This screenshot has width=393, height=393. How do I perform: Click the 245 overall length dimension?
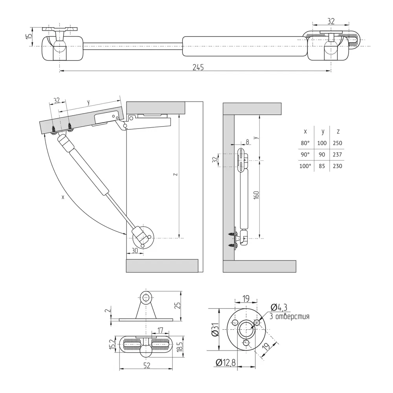coord(198,67)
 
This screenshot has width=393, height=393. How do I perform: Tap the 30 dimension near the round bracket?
coord(134,250)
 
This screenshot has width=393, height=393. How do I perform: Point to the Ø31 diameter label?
coord(215,329)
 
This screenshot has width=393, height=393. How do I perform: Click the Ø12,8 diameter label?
coord(225,363)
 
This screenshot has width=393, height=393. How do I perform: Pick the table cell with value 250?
coord(337,143)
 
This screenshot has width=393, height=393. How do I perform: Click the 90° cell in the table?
coord(305,155)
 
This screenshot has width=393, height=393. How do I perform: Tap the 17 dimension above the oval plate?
coord(160,330)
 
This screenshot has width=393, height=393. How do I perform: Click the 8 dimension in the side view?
coord(247,141)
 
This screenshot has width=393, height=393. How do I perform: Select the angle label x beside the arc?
coord(63,197)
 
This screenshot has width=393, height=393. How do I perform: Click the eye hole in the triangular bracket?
coord(146,297)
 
